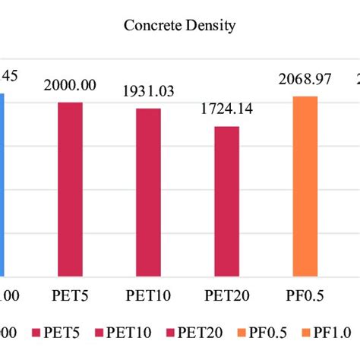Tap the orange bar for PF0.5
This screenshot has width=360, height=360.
[x=305, y=186]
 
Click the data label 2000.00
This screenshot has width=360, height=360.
[x=70, y=86]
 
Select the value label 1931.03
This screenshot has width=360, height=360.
[x=149, y=92]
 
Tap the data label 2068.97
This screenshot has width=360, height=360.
[x=305, y=80]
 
